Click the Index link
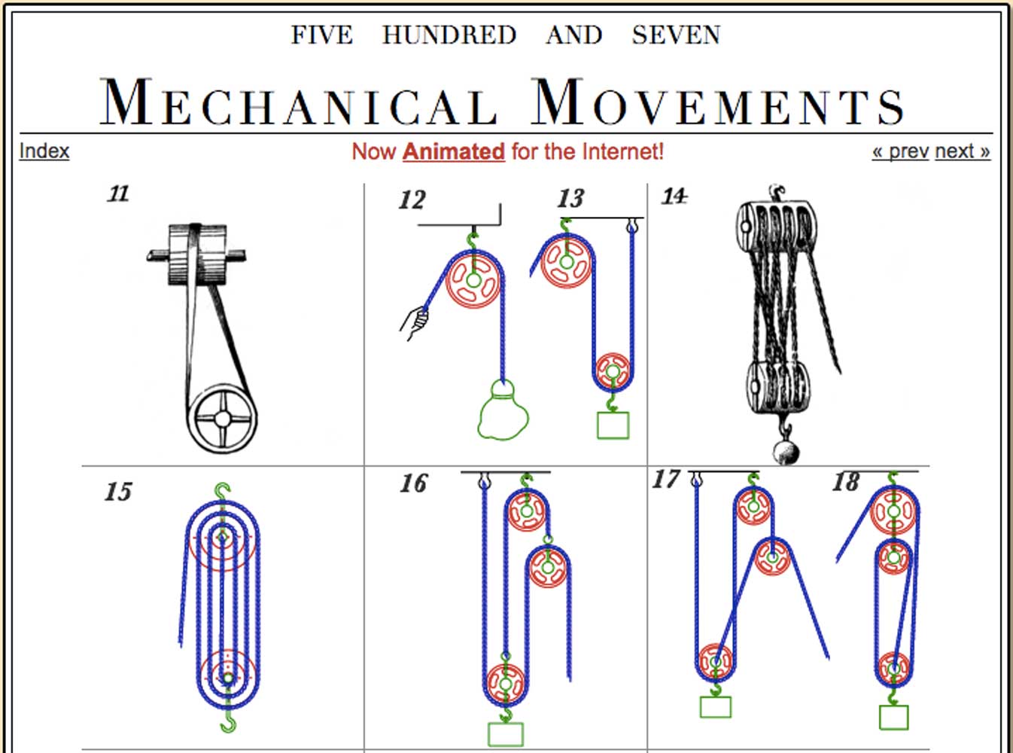pyautogui.click(x=44, y=151)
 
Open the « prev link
pyautogui.click(x=900, y=151)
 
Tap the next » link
pyautogui.click(x=963, y=151)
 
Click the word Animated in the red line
pyautogui.click(x=454, y=151)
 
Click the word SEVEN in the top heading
pyautogui.click(x=676, y=35)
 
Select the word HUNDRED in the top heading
pyautogui.click(x=449, y=35)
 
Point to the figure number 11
pyautogui.click(x=118, y=194)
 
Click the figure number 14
pyautogui.click(x=674, y=197)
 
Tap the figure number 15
pyautogui.click(x=118, y=492)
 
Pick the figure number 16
pyautogui.click(x=413, y=483)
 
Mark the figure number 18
pyautogui.click(x=846, y=482)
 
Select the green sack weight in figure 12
pyautogui.click(x=503, y=410)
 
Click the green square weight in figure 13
pyautogui.click(x=613, y=425)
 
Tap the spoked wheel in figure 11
pyautogui.click(x=223, y=419)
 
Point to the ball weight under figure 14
pyautogui.click(x=786, y=453)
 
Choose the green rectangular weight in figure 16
pyautogui.click(x=506, y=734)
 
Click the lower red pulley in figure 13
pyautogui.click(x=613, y=371)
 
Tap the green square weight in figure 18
pyautogui.click(x=894, y=718)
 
